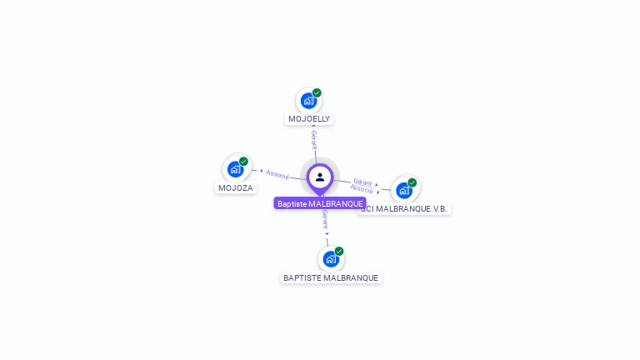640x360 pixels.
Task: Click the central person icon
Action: click(x=320, y=177)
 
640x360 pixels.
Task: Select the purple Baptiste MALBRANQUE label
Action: click(x=320, y=203)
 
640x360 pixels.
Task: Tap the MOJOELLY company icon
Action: click(x=308, y=102)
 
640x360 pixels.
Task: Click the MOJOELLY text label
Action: click(x=309, y=119)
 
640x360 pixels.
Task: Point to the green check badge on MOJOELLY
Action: click(x=317, y=93)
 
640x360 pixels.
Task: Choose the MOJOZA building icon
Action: click(x=236, y=169)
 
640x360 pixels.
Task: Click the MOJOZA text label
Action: click(x=236, y=188)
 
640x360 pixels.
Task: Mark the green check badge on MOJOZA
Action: click(x=243, y=162)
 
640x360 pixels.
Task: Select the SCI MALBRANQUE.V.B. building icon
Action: click(x=404, y=190)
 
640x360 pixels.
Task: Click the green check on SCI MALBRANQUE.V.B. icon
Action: click(x=412, y=182)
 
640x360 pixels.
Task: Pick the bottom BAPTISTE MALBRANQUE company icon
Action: click(x=331, y=258)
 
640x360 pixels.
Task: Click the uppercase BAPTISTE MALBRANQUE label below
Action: click(x=331, y=277)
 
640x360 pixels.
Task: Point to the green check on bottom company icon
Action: click(x=339, y=251)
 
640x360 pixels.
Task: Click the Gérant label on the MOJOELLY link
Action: click(x=314, y=139)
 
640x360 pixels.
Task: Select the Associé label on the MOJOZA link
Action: click(x=277, y=175)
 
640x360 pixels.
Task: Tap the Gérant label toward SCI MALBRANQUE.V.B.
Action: click(x=362, y=181)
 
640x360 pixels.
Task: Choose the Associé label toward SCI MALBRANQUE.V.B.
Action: click(x=362, y=189)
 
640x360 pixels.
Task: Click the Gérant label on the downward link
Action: click(x=325, y=219)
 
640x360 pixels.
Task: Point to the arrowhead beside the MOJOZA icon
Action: click(x=252, y=171)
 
